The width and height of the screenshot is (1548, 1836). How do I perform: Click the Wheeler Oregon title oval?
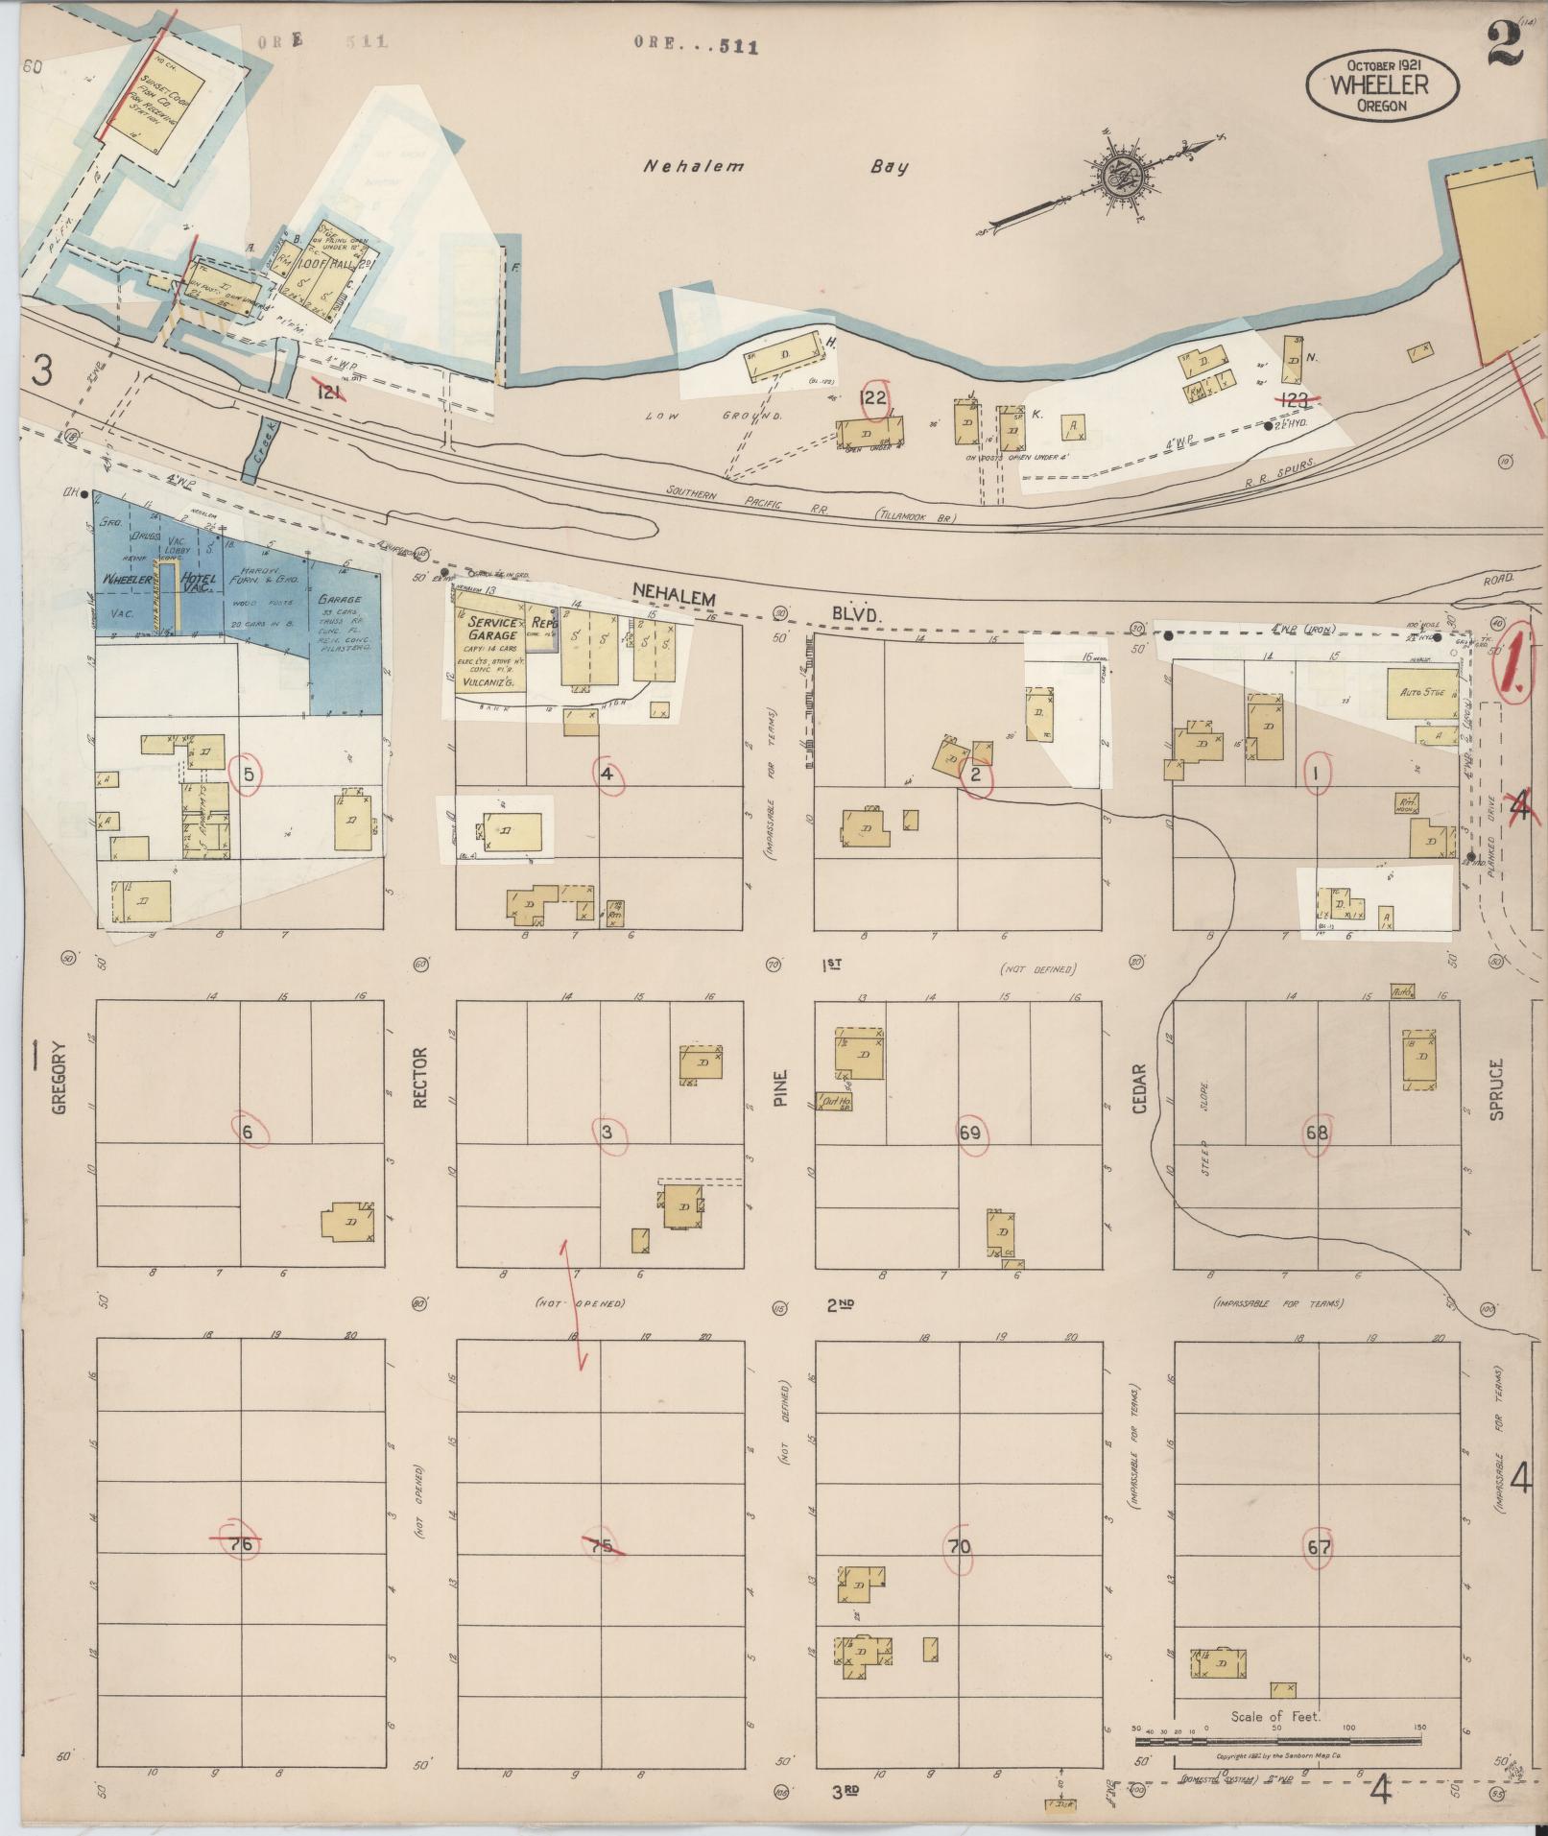1381,85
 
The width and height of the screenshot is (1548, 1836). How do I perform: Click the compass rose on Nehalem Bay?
1117,176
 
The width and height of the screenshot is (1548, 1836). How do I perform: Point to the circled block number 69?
969,1133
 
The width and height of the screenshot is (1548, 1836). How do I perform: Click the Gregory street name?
60,1077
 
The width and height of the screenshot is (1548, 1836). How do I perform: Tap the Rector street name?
419,1077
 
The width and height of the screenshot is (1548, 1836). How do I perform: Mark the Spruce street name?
1496,1089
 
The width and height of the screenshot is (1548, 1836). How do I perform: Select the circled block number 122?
874,397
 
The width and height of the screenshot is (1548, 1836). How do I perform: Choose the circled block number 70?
959,1546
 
